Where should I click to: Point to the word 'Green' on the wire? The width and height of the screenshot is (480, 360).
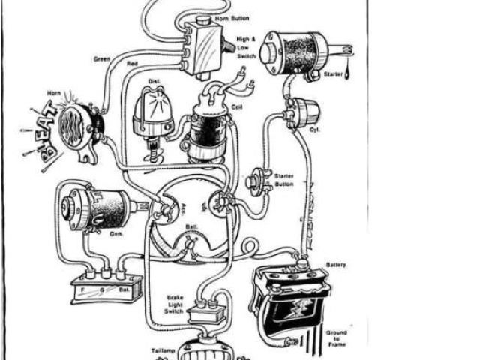tap(102, 58)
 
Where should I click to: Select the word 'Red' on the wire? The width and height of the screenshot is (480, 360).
tap(133, 64)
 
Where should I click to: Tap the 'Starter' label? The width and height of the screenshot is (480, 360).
tap(333, 74)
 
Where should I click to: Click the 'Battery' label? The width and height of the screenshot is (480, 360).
tap(336, 265)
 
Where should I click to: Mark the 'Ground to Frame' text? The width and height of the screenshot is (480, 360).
tap(337, 337)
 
